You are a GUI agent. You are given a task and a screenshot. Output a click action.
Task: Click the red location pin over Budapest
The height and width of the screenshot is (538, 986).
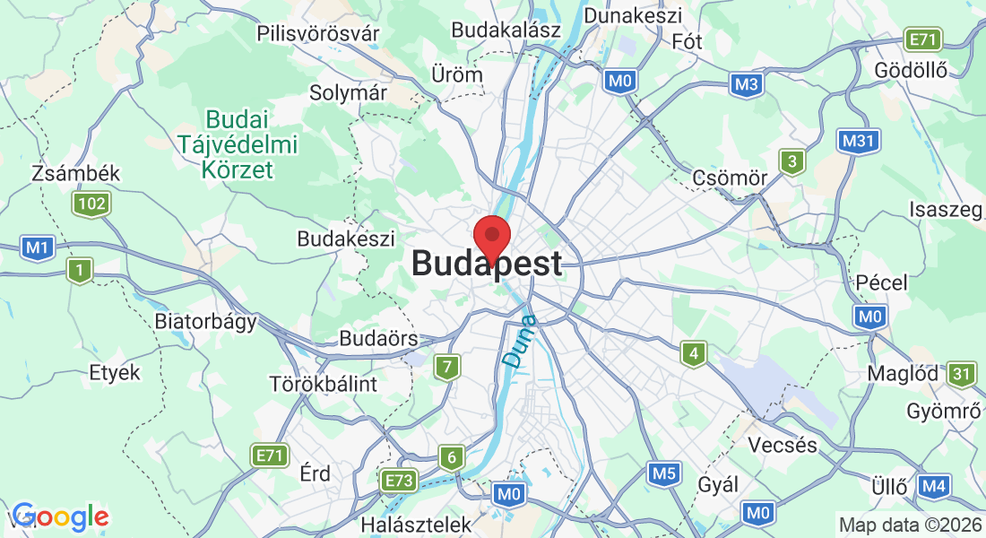coord(491,237)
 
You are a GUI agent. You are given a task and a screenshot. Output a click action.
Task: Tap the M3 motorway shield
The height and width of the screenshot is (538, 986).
coord(746,84)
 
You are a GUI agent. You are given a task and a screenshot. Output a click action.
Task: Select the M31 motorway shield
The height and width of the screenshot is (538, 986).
coord(860,140)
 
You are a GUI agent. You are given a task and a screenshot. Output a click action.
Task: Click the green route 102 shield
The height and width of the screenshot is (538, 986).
coord(92,204)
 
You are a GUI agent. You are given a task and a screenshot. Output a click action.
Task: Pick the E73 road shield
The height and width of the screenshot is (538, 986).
coord(398,482)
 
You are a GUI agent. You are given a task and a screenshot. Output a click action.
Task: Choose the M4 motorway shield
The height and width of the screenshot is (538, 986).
coord(933,487)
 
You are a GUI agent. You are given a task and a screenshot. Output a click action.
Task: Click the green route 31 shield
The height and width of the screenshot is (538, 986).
coord(962,374)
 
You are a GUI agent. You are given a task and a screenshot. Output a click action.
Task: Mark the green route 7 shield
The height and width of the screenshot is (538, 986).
coord(447,367)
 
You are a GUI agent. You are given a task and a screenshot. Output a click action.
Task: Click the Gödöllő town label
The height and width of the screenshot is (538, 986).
coord(910,72)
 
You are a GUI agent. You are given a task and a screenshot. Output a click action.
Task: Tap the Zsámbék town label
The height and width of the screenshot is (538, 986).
coord(75,173)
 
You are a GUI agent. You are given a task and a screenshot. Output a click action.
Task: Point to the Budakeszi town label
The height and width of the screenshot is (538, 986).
coord(346,239)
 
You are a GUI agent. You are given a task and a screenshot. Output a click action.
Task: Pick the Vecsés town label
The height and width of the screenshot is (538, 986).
coord(783,445)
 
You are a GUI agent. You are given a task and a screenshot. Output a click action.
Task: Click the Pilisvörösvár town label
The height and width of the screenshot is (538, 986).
coord(317,33)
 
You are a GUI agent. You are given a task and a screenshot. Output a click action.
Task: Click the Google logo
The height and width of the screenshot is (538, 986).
coord(60,516)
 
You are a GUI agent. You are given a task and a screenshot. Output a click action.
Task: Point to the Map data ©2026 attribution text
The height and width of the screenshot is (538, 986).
coord(909,525)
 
